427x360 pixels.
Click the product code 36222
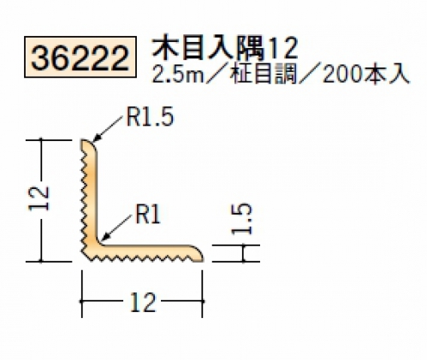80,57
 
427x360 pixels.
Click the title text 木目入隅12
225,49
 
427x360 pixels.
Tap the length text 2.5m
178,74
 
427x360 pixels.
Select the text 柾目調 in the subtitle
265,74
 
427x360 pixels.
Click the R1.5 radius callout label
150,117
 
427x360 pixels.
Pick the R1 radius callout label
148,214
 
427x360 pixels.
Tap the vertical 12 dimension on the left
39,199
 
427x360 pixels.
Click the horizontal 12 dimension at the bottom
143,302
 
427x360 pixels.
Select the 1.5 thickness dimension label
242,219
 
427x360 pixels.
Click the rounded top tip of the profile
85,140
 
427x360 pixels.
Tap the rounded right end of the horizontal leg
201,256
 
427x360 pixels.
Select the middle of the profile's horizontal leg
145,252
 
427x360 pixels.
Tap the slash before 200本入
310,74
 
